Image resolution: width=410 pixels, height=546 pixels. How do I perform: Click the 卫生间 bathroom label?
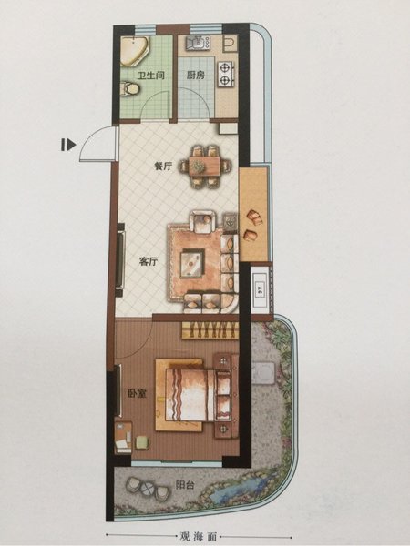(x=150, y=75)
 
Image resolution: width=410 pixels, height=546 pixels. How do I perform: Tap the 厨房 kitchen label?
(x=195, y=75)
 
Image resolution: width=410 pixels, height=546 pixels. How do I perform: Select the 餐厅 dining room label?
(x=163, y=167)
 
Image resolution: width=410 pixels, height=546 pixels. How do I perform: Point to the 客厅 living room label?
(x=149, y=261)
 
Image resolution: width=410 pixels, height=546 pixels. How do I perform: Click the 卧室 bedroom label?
(x=137, y=393)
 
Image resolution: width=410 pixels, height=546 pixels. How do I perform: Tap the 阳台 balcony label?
(x=185, y=485)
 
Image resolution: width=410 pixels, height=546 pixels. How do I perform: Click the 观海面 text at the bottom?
(x=199, y=536)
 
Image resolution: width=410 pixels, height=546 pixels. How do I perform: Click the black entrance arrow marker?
(x=68, y=145)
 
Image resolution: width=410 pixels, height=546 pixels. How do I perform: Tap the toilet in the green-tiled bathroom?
(x=129, y=88)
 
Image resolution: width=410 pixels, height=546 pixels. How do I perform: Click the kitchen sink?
(x=198, y=43)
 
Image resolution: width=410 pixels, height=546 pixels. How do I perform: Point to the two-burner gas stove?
(x=226, y=74)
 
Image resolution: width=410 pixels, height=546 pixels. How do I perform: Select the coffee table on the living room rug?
(x=192, y=263)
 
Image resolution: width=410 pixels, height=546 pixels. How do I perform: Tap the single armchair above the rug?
(x=202, y=221)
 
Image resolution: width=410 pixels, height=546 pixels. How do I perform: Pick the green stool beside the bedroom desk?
(x=142, y=442)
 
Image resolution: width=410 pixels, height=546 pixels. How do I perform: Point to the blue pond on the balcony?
(x=237, y=488)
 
